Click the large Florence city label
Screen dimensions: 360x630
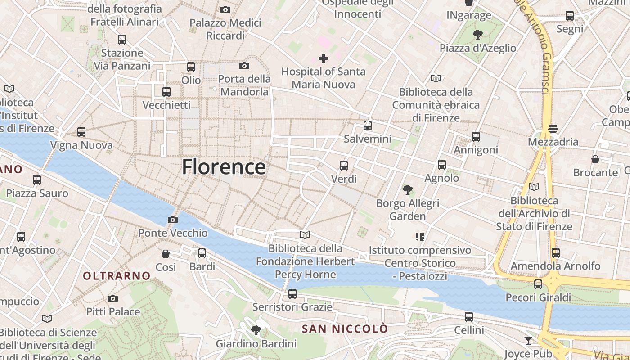coord(224,167)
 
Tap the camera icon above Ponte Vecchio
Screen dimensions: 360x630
coord(172,220)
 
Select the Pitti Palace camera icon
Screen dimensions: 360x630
coord(113,298)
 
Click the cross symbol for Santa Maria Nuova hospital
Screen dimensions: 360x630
coord(323,58)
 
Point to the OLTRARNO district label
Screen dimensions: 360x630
coord(117,276)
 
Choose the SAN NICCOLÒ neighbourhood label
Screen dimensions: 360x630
coord(344,329)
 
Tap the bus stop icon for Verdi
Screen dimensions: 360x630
coord(344,166)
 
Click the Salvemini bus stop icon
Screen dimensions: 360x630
coord(368,126)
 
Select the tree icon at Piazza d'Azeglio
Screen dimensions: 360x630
coord(478,34)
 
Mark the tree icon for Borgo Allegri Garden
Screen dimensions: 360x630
coord(408,190)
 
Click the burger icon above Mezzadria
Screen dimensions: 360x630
coord(553,129)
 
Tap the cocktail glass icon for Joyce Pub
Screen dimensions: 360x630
coord(528,340)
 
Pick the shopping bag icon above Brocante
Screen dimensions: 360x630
coord(595,159)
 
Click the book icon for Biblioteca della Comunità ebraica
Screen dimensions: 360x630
coord(436,79)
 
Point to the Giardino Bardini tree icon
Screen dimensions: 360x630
coord(256,330)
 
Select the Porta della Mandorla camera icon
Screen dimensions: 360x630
coord(244,66)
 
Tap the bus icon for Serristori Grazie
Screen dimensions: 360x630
coord(292,294)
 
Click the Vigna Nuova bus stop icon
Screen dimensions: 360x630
coord(81,132)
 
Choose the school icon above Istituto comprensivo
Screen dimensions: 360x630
coord(420,236)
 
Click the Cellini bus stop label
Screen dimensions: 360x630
coord(469,330)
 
